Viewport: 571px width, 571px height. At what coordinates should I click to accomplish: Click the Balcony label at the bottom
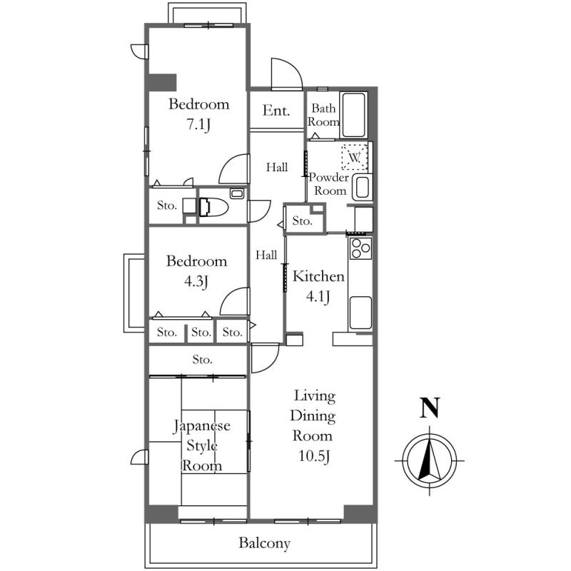click(x=264, y=543)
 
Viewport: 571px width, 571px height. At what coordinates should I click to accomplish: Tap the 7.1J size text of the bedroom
click(x=199, y=124)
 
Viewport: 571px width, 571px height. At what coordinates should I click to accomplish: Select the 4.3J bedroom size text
click(x=196, y=281)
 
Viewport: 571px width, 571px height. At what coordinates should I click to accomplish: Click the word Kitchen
click(x=318, y=276)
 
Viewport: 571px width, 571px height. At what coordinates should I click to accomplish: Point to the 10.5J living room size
click(x=314, y=456)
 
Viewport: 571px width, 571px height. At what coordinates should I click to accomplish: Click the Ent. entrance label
click(x=276, y=110)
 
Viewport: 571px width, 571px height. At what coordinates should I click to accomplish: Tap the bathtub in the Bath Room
click(x=353, y=115)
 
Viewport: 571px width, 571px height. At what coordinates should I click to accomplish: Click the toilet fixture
click(x=213, y=207)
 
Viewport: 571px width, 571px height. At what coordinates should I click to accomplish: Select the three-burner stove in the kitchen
click(x=360, y=248)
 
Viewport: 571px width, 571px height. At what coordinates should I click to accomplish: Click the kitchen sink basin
click(x=360, y=313)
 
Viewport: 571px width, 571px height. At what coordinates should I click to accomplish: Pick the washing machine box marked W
click(x=354, y=157)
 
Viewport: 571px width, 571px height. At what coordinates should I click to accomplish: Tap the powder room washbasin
click(x=363, y=187)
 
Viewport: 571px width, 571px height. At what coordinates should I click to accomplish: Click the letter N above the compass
click(x=430, y=408)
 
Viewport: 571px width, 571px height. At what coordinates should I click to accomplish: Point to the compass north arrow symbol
click(x=430, y=460)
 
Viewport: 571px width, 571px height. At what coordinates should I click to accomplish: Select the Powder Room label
click(x=329, y=184)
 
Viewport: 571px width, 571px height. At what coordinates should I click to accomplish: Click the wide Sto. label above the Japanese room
click(x=202, y=360)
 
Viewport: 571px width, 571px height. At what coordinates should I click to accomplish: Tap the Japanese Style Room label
click(x=202, y=445)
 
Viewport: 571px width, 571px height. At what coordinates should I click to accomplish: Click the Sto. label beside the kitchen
click(x=302, y=221)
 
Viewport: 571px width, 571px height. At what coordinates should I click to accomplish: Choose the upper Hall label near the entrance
click(x=277, y=167)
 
